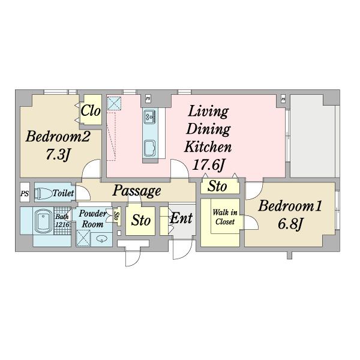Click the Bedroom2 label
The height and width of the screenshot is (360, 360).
58,137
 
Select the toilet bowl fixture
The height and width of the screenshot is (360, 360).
43,194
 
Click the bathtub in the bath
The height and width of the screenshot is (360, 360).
43,221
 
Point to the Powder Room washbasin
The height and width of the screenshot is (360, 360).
101,239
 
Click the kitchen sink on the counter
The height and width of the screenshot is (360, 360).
150,148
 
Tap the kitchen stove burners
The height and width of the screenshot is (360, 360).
150,116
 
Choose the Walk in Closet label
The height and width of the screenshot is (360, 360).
225,217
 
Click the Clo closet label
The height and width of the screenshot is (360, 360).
91,110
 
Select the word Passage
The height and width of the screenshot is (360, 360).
137,191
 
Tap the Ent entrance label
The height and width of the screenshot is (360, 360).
181,218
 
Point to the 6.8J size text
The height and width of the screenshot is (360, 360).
290,223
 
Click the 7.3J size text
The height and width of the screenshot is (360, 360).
58,155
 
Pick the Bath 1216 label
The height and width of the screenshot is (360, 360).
62,221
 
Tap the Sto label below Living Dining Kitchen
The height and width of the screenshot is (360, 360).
217,186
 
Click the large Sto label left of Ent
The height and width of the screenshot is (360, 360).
141,221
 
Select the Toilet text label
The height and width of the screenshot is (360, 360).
63,193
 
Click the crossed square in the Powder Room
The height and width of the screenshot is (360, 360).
83,238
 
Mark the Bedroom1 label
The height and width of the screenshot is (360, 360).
290,206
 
